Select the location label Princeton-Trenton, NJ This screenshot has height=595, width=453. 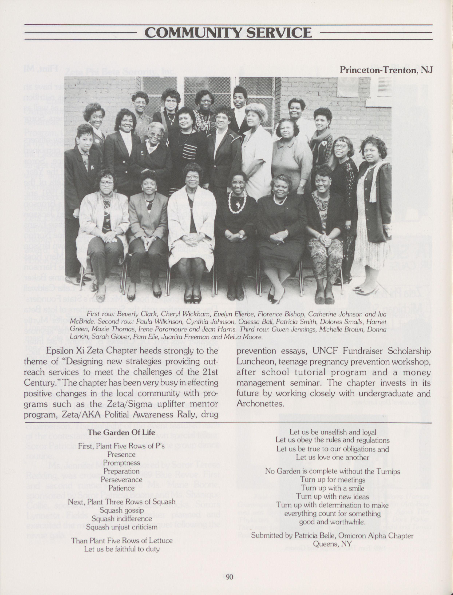[386, 70]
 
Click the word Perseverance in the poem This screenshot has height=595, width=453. [121, 479]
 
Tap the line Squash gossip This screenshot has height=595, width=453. [121, 510]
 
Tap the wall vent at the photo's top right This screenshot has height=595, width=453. [384, 87]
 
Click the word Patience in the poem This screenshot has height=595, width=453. [121, 488]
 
